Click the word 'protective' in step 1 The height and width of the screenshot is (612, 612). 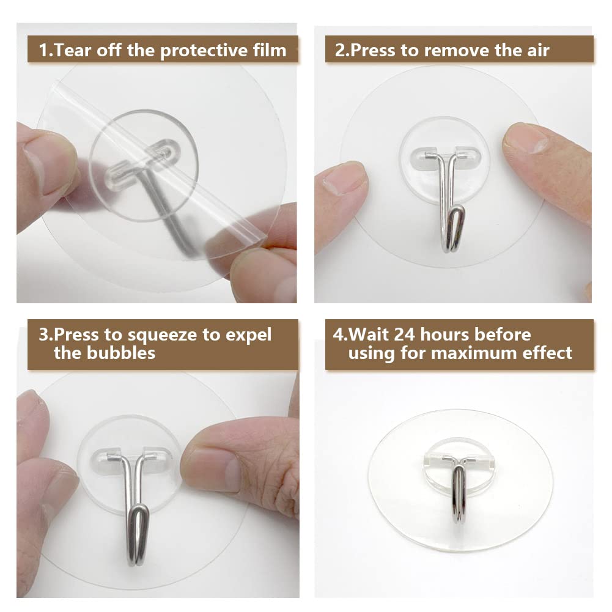pyautogui.click(x=204, y=51)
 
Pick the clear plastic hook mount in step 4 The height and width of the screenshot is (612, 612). pyautogui.click(x=459, y=468)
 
